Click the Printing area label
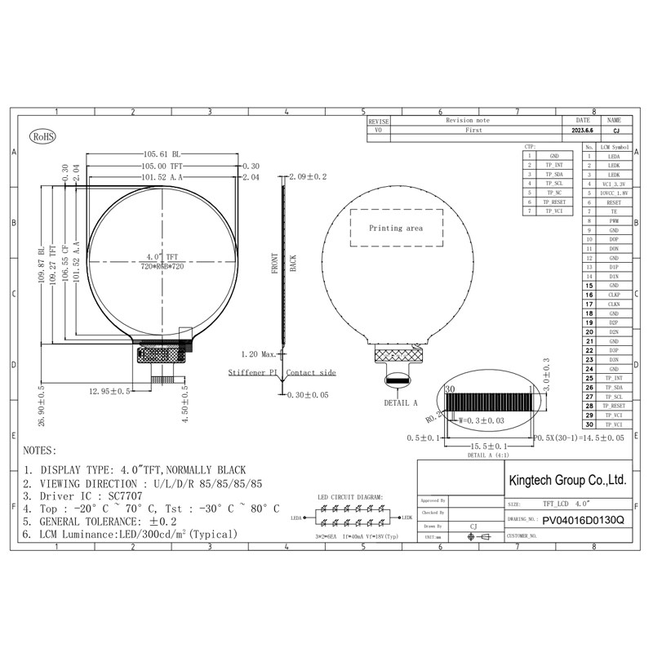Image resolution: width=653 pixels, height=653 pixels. coord(396,229)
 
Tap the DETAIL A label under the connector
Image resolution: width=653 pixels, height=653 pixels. coord(401,402)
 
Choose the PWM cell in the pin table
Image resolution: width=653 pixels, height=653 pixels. coord(614,221)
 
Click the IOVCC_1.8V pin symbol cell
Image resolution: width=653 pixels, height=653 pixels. coord(614,193)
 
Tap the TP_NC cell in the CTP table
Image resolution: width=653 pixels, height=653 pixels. coord(554,193)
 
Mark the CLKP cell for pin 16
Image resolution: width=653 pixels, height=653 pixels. coord(614,295)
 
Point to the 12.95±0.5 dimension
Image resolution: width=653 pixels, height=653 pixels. coord(110,391)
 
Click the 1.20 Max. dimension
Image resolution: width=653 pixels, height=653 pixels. coord(260,354)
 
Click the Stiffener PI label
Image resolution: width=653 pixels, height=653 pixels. coord(253,372)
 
